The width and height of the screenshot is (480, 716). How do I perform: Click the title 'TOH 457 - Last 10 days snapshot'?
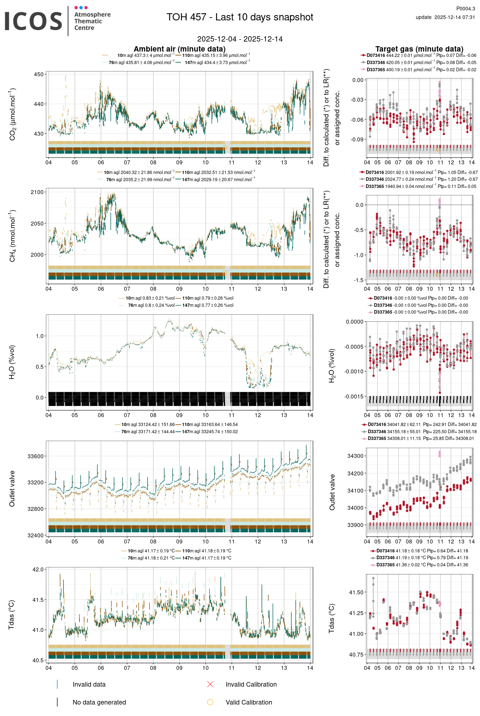point(240,17)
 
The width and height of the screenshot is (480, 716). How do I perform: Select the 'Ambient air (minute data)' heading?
point(179,49)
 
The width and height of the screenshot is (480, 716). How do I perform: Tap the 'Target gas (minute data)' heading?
point(419,49)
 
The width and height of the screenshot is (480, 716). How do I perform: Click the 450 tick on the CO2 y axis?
point(39,74)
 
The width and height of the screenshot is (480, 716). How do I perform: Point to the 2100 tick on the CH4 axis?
point(37,192)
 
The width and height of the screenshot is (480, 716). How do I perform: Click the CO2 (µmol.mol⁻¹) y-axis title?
point(13,114)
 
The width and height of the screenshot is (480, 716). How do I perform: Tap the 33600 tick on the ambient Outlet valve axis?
point(35,456)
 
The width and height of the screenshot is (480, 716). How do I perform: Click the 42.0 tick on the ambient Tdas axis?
point(38,569)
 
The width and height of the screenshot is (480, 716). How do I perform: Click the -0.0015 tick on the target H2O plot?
point(354,396)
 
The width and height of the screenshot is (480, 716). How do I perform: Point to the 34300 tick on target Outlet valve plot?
point(355,456)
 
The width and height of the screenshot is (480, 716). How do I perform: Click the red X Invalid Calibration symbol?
point(210,684)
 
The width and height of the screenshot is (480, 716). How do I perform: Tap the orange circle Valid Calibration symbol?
point(210,702)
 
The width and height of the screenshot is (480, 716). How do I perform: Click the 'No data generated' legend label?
point(99,702)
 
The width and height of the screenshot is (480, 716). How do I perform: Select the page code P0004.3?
point(465,9)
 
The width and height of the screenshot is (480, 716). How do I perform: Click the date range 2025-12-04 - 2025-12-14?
point(240,39)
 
